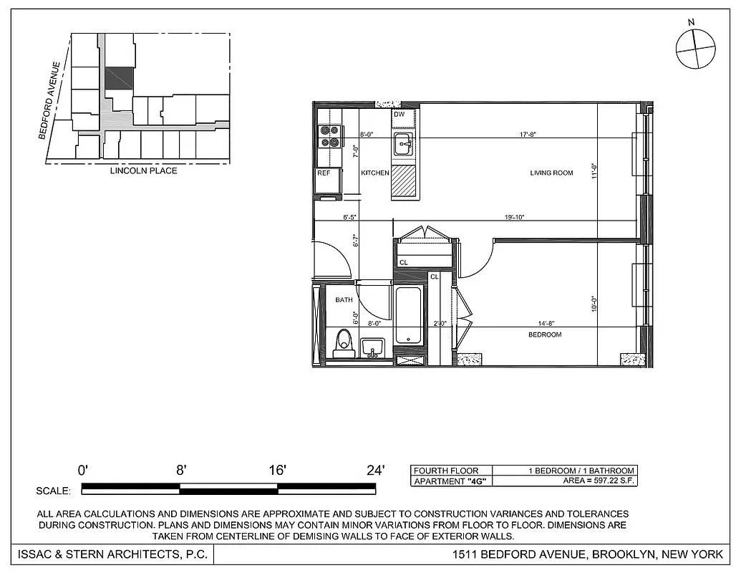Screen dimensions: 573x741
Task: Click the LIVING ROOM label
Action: [551, 173]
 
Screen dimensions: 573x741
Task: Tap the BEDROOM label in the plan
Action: [545, 334]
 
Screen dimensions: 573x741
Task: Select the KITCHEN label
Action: [374, 173]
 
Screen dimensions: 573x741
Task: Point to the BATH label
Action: [344, 299]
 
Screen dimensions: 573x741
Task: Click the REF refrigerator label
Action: [324, 173]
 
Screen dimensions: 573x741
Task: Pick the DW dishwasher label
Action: [399, 115]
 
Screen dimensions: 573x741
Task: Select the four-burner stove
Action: [329, 136]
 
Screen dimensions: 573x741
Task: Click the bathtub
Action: [409, 316]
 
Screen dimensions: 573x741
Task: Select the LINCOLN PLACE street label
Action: [143, 171]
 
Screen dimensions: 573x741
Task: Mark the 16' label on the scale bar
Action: [277, 470]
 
